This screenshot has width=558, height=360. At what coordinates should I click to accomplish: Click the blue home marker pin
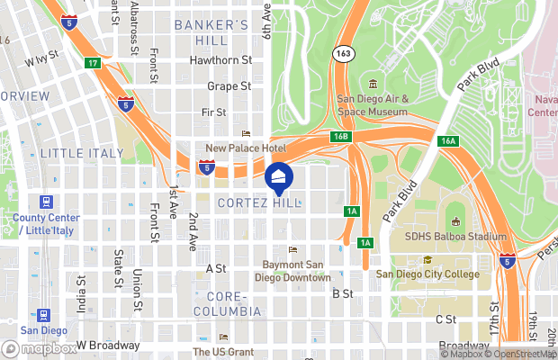point(279,177)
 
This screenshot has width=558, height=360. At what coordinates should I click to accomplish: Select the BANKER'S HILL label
point(211,32)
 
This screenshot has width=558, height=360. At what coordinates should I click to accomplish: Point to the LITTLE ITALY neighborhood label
point(81,154)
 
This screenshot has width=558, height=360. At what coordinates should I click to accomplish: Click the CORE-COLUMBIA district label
point(233,303)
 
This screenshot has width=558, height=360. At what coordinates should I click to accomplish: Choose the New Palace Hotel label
point(246,148)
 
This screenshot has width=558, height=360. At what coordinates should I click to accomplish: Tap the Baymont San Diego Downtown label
point(297,271)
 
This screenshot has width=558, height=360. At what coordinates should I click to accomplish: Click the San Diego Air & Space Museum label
point(373,105)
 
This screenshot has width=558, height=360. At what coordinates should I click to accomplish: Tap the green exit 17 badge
point(93,63)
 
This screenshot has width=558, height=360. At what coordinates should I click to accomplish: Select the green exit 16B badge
point(339,135)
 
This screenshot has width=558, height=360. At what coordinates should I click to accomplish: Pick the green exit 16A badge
point(449,141)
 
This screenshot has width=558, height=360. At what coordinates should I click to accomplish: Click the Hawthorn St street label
point(220,60)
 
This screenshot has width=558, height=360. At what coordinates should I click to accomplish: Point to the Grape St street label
point(229,86)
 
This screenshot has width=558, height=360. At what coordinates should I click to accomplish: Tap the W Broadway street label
point(107,345)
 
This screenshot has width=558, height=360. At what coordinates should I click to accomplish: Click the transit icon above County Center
point(45,202)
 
